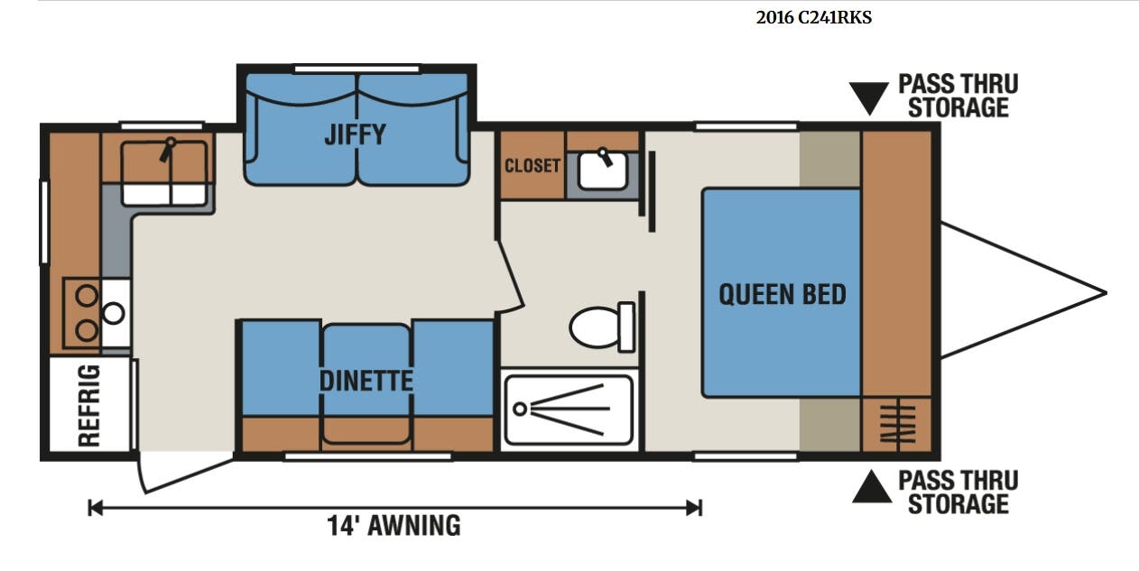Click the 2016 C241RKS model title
(x=813, y=18)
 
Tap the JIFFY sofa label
(x=355, y=134)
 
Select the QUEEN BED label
(x=782, y=294)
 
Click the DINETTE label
(x=366, y=381)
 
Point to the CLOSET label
(x=532, y=166)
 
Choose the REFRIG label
(x=89, y=405)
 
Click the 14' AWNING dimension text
(x=394, y=525)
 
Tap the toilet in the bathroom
(x=602, y=327)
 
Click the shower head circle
(x=520, y=409)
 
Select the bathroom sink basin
(x=603, y=170)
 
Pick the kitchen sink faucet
(x=167, y=150)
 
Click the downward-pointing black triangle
(x=869, y=98)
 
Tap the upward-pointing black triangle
(x=872, y=487)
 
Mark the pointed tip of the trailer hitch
(x=1106, y=292)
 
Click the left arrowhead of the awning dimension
(x=96, y=508)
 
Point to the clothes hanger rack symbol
(x=898, y=424)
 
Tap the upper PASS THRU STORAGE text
(x=958, y=96)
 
